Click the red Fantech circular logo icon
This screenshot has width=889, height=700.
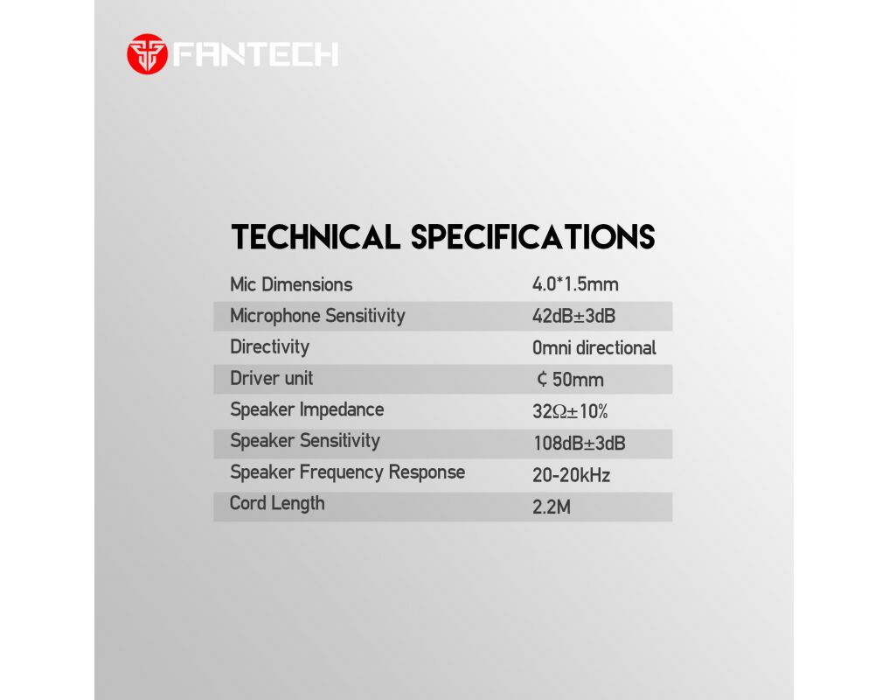point(148,54)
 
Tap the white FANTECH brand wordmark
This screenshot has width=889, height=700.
point(256,54)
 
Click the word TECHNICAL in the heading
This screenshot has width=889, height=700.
point(316,237)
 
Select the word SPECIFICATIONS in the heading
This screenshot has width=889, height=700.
point(533,237)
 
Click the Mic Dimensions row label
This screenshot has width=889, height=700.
point(291,284)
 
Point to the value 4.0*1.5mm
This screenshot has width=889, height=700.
point(575,283)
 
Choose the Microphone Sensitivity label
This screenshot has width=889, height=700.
point(317,316)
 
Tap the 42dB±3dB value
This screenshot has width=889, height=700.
point(573,316)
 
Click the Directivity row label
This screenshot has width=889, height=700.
point(270,347)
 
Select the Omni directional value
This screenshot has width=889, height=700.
point(594,347)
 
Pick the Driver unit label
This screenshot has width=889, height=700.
point(272,379)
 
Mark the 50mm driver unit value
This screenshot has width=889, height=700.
point(570,379)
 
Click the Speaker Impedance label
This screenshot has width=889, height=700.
point(307,409)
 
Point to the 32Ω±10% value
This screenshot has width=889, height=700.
point(570,411)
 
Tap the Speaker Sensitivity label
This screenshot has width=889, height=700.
point(305,441)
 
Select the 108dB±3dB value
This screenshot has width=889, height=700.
point(580,444)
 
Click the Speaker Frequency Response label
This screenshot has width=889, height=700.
point(348,472)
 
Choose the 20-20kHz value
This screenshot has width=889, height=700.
point(571,475)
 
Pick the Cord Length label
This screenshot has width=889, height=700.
point(277,504)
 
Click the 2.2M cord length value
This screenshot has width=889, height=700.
point(551,507)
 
